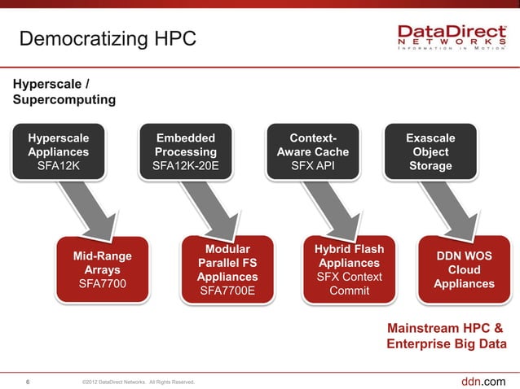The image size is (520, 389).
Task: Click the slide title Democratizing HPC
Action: [107, 38]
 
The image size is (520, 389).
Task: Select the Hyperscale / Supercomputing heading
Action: [64, 91]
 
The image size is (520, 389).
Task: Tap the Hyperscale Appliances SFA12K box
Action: [59, 152]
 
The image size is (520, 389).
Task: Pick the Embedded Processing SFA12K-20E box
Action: [185, 152]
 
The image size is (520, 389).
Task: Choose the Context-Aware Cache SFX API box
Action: [313, 152]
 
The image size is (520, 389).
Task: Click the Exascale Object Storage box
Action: [430, 152]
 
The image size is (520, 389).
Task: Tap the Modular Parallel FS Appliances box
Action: [227, 270]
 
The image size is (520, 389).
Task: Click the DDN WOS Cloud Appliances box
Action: [464, 270]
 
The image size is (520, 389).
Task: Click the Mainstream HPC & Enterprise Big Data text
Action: [445, 336]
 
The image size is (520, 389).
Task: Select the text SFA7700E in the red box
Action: [227, 291]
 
